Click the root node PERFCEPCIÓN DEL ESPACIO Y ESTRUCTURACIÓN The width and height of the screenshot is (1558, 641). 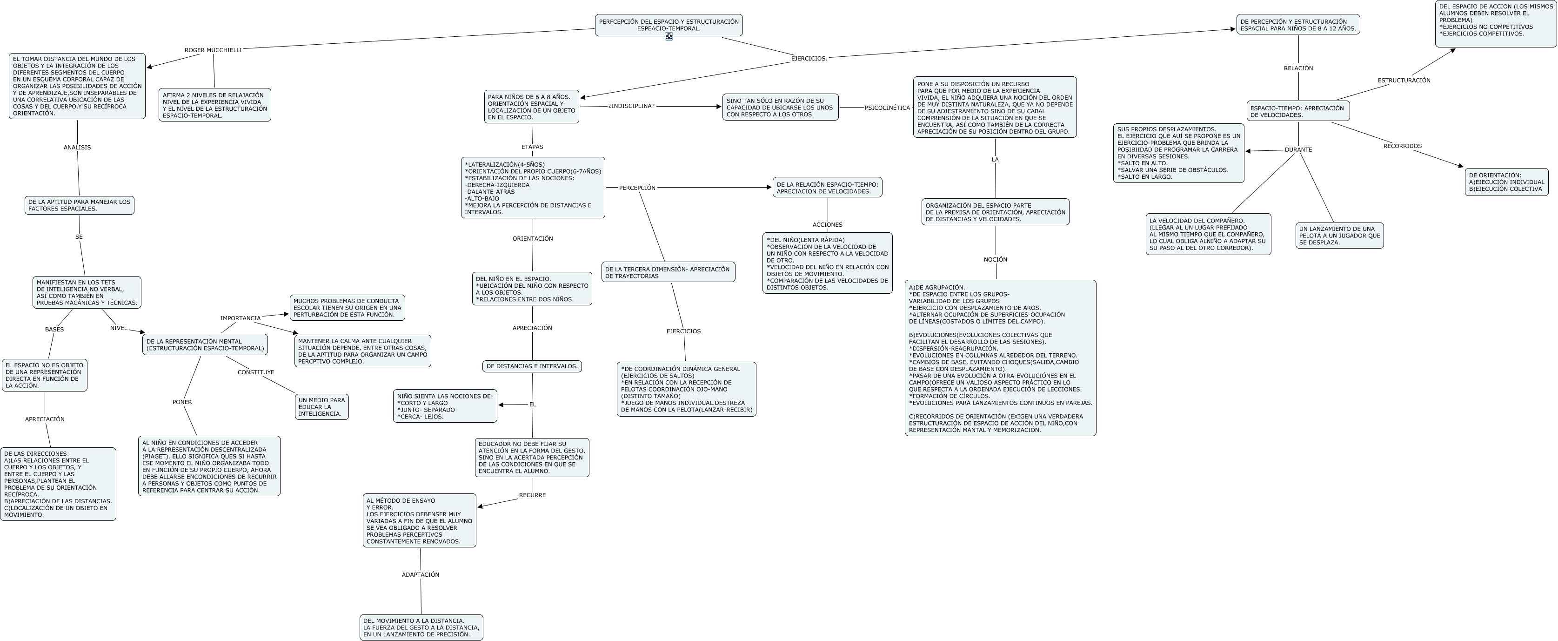click(x=669, y=24)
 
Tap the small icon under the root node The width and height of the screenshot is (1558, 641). click(x=669, y=36)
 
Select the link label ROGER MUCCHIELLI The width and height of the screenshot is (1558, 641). click(x=213, y=50)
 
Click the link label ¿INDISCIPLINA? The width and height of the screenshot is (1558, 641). click(x=631, y=106)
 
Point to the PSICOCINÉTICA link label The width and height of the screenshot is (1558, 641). click(x=887, y=108)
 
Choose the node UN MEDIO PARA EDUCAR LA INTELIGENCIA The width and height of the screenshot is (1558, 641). click(x=322, y=407)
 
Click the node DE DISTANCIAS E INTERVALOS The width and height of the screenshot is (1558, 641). click(x=532, y=366)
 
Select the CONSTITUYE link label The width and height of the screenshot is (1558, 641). click(x=256, y=372)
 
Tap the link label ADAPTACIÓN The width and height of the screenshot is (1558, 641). click(x=421, y=574)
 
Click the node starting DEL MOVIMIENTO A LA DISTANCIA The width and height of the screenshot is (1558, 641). click(x=421, y=628)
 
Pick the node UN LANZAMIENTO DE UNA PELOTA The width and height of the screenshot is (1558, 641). click(x=1339, y=236)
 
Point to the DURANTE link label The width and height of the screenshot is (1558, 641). click(x=1298, y=149)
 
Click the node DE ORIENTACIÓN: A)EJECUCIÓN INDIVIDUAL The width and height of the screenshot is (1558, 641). click(x=1506, y=182)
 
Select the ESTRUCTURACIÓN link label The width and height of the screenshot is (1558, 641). click(x=1404, y=81)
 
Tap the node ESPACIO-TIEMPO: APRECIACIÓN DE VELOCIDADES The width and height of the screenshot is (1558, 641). click(x=1298, y=111)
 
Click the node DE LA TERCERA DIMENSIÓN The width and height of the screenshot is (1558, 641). click(x=668, y=272)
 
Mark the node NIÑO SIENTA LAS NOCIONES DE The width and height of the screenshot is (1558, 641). click(x=445, y=406)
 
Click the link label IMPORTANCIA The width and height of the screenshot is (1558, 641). click(x=240, y=318)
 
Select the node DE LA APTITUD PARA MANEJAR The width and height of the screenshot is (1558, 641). click(x=79, y=205)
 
